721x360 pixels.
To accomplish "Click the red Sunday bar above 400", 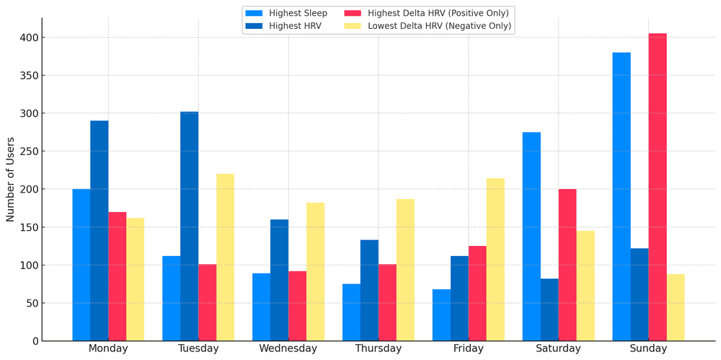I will point(658,187).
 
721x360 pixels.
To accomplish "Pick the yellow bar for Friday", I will point(495,260).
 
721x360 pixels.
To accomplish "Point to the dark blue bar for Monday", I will point(99,231).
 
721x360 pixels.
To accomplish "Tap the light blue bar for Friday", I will point(441,315).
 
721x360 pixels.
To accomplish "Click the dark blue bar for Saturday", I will point(549,309).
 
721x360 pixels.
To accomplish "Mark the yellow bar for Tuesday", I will point(225,257).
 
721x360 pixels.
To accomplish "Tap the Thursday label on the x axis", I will point(379,348).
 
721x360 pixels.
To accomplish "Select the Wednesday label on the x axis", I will point(288,348).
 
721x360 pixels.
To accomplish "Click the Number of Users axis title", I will point(10,179).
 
